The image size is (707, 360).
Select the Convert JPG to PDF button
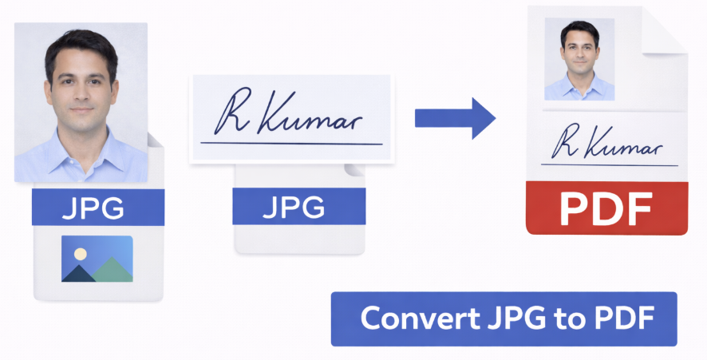pos(504,318)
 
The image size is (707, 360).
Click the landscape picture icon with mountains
pos(97,258)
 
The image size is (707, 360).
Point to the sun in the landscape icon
pos(80,254)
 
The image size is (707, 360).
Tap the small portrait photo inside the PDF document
pos(579,59)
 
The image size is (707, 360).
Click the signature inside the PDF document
pos(606,144)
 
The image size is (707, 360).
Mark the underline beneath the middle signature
pos(291,144)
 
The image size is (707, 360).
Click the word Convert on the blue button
pos(413,318)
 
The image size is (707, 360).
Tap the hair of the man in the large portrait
pos(80,44)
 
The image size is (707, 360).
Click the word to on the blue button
pos(558,319)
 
